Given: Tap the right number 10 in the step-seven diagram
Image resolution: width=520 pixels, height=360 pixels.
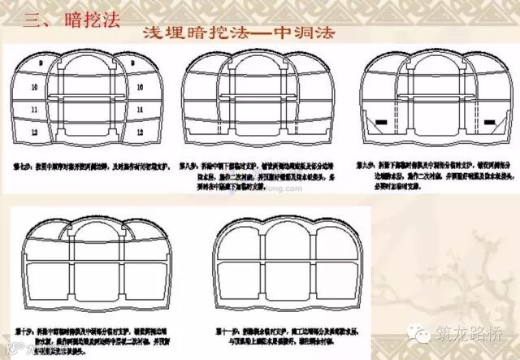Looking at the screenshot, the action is [141, 85].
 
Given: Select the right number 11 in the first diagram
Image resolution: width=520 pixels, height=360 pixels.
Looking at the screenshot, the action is [141, 108].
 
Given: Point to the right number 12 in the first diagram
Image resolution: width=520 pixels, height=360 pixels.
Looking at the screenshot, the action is [141, 131].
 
